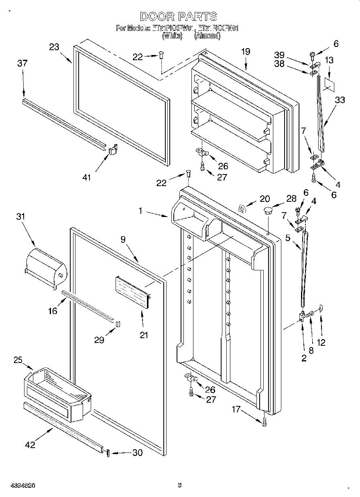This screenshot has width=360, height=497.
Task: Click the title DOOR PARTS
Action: [x=179, y=16]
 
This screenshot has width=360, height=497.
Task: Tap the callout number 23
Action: [x=54, y=47]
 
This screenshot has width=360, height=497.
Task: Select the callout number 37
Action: [x=22, y=63]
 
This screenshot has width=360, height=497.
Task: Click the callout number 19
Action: [x=246, y=51]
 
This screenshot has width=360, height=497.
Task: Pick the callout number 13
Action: [x=329, y=61]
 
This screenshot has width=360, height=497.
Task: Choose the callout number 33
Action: [x=340, y=100]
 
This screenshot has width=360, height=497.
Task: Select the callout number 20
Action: [x=264, y=198]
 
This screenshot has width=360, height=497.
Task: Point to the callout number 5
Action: [x=288, y=237]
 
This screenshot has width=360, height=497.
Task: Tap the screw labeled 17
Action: [x=264, y=422]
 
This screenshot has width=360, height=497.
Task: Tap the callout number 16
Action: [x=52, y=311]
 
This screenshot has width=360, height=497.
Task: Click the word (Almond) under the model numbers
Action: [x=207, y=36]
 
